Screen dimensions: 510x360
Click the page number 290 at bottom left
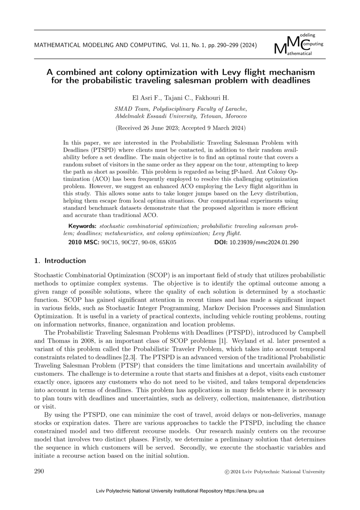39,471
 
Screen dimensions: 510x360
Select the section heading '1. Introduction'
60,260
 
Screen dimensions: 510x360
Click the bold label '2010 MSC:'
83,242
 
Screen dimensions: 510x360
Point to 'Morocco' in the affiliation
234,116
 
